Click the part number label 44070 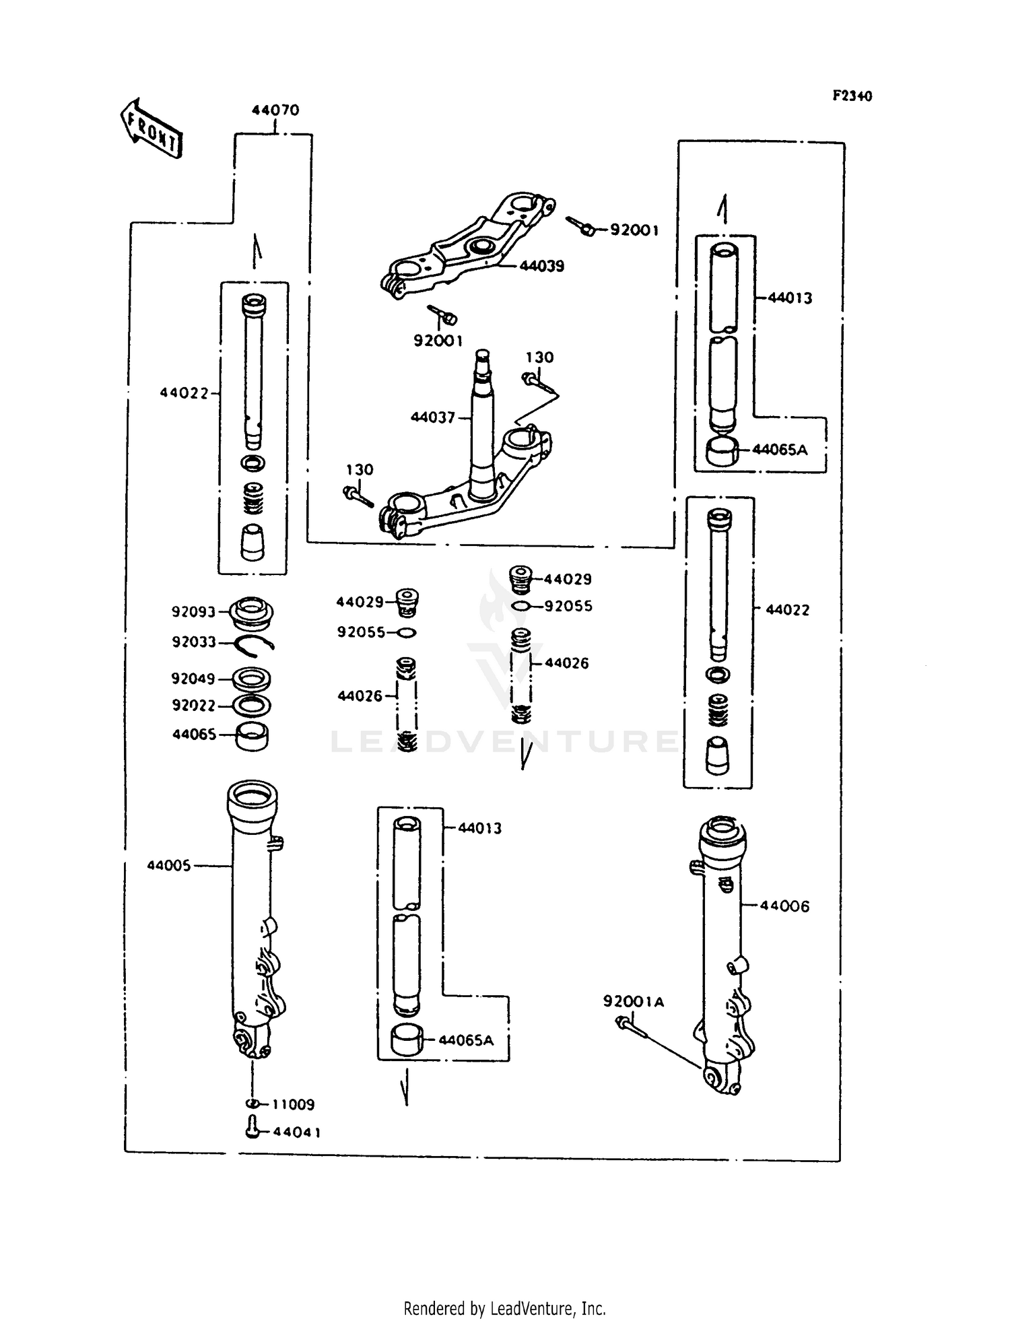pos(275,110)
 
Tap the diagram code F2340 pos(852,96)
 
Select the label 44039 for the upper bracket pos(541,266)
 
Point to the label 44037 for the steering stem pos(433,417)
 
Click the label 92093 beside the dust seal pos(193,612)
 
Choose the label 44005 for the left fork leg pos(169,866)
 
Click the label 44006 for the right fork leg pos(784,906)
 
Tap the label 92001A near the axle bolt pos(633,1002)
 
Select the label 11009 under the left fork pos(293,1104)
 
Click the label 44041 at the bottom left pos(296,1132)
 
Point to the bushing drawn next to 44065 pos(251,736)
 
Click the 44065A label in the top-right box pos(779,450)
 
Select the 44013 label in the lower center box pos(479,828)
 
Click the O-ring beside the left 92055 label pos(407,633)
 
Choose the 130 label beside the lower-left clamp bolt pos(360,469)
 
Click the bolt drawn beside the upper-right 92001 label pos(580,226)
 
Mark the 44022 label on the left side pos(184,393)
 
